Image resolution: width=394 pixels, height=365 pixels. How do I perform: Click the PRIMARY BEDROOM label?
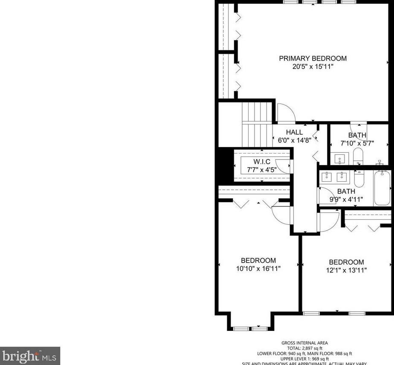pos(313,58)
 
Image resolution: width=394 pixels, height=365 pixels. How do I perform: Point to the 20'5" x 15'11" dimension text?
pos(313,67)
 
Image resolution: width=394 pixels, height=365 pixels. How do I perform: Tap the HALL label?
pos(294,133)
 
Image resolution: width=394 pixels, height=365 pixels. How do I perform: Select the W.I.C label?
pos(262,162)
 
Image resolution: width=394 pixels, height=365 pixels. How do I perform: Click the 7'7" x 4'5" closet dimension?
pos(262,169)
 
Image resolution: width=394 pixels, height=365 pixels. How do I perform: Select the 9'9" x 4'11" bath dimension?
pos(346,199)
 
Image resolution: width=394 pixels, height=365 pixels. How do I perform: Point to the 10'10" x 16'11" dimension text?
pos(258,268)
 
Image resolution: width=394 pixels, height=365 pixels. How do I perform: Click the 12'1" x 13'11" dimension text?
pos(346,270)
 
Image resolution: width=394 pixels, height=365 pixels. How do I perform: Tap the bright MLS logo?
pos(30,356)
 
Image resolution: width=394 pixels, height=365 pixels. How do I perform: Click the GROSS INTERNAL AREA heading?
pos(304,343)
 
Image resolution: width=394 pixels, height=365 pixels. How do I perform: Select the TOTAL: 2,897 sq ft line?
pos(304,348)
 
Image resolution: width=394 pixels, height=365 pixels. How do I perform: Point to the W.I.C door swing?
pos(283,165)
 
